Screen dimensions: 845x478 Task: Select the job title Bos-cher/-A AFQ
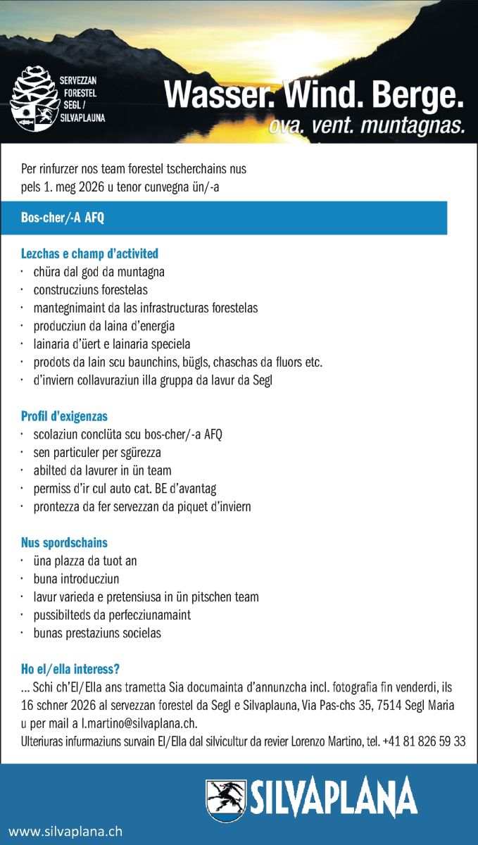pos(63,218)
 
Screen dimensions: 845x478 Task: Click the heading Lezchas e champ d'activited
pos(89,254)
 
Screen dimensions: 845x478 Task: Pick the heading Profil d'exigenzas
pos(64,416)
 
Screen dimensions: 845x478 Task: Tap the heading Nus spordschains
pos(64,543)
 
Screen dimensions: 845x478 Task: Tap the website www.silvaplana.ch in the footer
pos(65,831)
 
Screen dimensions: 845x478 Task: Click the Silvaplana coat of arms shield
pos(225,801)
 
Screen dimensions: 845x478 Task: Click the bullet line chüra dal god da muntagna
pos(99,272)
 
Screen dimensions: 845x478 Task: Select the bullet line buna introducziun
pos(76,580)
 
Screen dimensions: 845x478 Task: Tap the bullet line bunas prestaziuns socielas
pos(97,633)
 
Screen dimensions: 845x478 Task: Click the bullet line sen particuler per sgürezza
pos(97,453)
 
